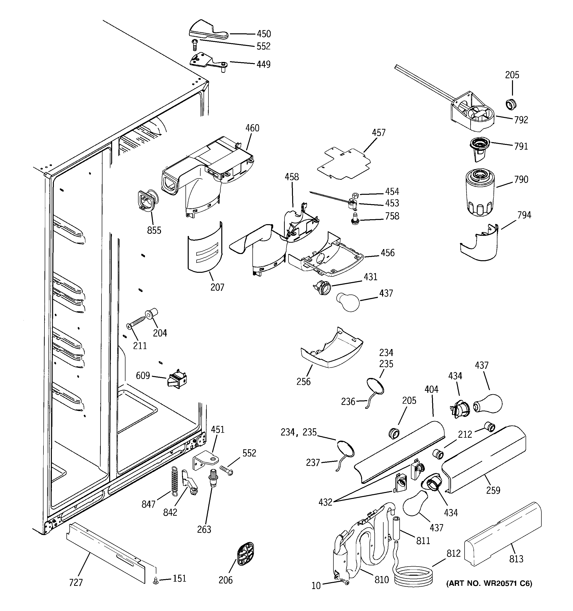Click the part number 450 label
264,34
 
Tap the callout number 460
252,128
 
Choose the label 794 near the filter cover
524,215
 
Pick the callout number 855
154,230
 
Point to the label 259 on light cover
493,490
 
